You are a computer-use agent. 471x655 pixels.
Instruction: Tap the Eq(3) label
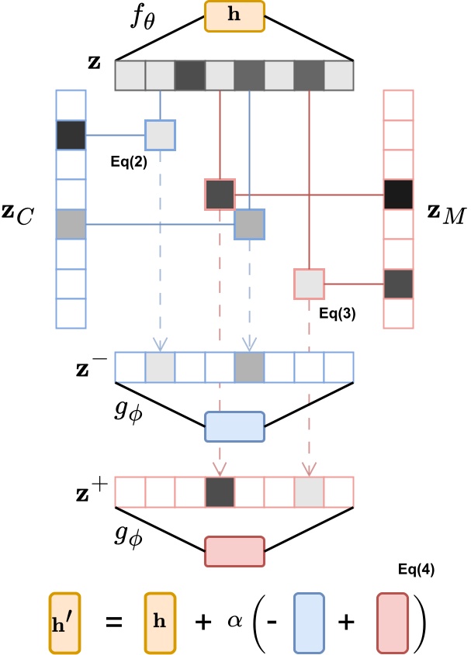[338, 315]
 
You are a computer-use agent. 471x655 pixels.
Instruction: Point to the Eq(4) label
[415, 570]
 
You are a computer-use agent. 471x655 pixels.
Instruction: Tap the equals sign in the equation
[114, 622]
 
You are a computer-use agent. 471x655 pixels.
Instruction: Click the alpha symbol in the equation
[235, 619]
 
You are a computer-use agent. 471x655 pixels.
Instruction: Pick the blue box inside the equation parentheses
[310, 622]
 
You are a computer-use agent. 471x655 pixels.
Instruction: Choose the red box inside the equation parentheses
[393, 622]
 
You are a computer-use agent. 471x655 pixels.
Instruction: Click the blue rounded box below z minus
[234, 426]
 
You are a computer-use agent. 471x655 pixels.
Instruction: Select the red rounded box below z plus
[234, 552]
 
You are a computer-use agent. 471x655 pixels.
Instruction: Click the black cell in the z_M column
[399, 195]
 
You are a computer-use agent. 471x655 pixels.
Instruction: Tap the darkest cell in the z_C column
[71, 134]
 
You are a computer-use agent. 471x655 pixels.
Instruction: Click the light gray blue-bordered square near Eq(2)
[160, 134]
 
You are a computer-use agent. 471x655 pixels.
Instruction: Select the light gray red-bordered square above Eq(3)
[309, 284]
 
